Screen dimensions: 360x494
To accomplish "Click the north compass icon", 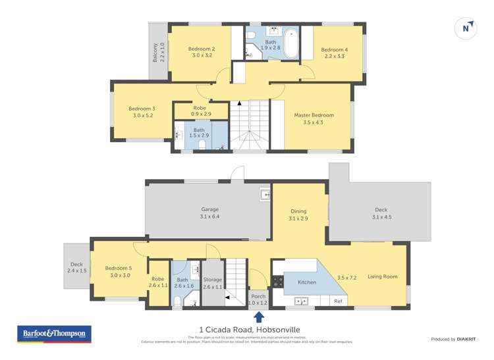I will pyautogui.click(x=466, y=28).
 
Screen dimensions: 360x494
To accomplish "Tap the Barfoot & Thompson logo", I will pyautogui.click(x=54, y=334).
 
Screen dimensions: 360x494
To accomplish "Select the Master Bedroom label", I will pyautogui.click(x=314, y=115).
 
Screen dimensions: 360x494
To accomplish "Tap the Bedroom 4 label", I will pyautogui.click(x=334, y=50).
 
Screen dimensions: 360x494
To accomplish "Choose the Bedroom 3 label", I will pyautogui.click(x=142, y=109).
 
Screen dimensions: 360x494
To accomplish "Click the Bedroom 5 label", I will pyautogui.click(x=119, y=268).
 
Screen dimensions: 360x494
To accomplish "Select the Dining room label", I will pyautogui.click(x=298, y=211).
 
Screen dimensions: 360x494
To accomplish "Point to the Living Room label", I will pyautogui.click(x=382, y=277).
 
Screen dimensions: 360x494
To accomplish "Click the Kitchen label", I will pyautogui.click(x=307, y=282).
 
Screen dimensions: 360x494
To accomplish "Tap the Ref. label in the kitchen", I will pyautogui.click(x=339, y=301).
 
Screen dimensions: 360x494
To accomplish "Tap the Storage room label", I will pyautogui.click(x=213, y=280).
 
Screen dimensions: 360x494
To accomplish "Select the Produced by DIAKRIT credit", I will pyautogui.click(x=453, y=339).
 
